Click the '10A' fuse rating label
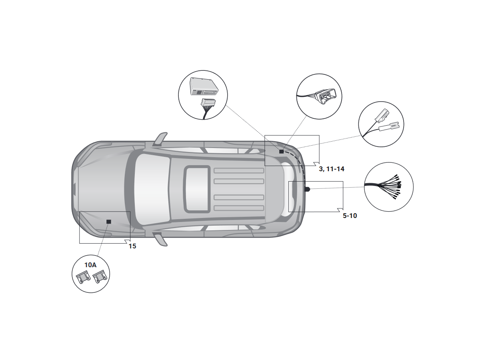pyautogui.click(x=90, y=265)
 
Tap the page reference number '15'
pyautogui.click(x=132, y=246)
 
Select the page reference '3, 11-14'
pyautogui.click(x=332, y=169)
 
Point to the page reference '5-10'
pyautogui.click(x=350, y=216)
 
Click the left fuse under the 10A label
pyautogui.click(x=83, y=277)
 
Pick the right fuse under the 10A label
pyautogui.click(x=100, y=277)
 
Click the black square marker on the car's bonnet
pyautogui.click(x=108, y=222)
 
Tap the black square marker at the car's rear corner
pyautogui.click(x=281, y=152)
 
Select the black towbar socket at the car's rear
pyautogui.click(x=307, y=189)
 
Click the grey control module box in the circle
pyautogui.click(x=204, y=86)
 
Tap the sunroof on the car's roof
pyautogui.click(x=197, y=189)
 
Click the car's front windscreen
pyautogui.click(x=152, y=189)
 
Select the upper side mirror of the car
pyautogui.click(x=160, y=139)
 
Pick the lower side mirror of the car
pyautogui.click(x=160, y=239)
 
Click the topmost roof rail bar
pyautogui.click(x=239, y=170)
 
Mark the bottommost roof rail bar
pyautogui.click(x=239, y=208)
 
